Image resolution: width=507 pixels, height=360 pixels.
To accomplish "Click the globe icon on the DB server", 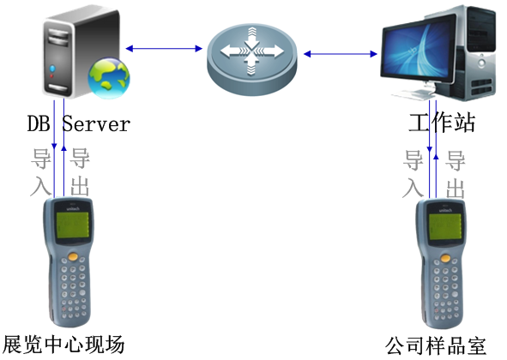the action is click(109, 78).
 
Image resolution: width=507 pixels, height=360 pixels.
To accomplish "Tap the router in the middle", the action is click(251, 59).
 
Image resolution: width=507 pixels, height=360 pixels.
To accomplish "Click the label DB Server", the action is click(79, 123).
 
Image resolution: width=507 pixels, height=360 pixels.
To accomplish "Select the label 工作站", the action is click(442, 123).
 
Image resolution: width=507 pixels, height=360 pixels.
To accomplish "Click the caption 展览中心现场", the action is click(63, 345).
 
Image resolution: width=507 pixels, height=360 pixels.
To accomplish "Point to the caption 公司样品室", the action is click(436, 345).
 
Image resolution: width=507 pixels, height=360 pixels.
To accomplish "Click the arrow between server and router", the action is click(164, 49).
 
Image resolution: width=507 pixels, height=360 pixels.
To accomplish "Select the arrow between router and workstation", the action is click(341, 54).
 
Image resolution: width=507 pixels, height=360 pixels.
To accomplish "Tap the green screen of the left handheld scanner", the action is click(73, 225).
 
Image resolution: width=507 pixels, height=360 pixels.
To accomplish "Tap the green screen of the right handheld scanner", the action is click(445, 226).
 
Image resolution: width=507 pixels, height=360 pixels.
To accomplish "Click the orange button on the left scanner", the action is click(74, 257).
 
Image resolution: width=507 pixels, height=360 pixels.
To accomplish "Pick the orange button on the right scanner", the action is click(445, 258).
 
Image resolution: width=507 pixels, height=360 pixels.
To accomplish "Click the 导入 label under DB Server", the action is click(40, 171).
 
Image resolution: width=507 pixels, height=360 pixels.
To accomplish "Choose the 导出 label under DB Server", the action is click(80, 171).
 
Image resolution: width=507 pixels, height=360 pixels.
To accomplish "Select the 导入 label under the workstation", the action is click(413, 174).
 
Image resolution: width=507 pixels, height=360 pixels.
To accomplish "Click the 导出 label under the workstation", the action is click(456, 175).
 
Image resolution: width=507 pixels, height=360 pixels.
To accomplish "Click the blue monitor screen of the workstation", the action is click(419, 48).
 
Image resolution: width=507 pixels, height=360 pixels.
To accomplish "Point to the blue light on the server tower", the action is click(52, 69).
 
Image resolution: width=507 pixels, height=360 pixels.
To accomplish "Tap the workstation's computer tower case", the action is click(479, 53).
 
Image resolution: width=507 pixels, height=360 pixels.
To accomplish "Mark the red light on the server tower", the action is click(51, 76).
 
